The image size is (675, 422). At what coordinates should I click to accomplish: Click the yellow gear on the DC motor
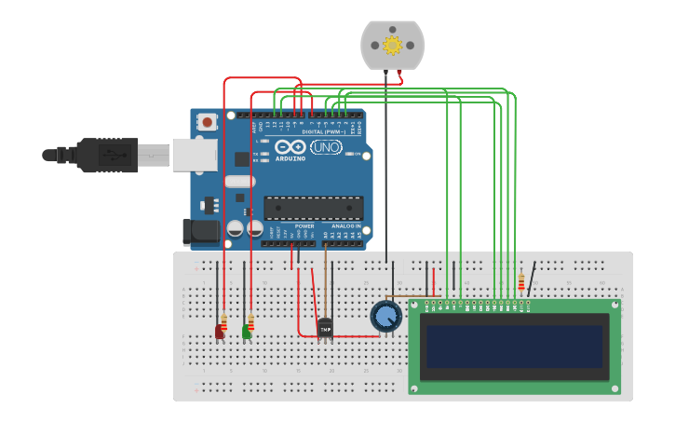(392, 45)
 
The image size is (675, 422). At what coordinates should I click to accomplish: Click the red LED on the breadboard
(220, 331)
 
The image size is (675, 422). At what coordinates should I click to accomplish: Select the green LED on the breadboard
(247, 331)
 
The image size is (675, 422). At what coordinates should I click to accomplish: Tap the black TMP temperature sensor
(325, 328)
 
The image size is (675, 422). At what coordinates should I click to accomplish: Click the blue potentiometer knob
(385, 317)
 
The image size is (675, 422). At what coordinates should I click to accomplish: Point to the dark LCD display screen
(514, 346)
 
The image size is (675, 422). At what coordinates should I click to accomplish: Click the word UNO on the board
(326, 147)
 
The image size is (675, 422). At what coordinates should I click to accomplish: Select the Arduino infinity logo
(290, 147)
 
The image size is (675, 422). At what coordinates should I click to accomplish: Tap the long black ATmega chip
(314, 208)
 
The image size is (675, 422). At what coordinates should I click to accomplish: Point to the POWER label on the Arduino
(304, 225)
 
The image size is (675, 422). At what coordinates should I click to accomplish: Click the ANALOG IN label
(344, 225)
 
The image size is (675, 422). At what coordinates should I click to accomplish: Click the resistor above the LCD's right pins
(521, 282)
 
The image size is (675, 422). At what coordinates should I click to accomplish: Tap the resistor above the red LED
(223, 318)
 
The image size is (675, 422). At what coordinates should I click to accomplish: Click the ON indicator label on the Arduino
(356, 154)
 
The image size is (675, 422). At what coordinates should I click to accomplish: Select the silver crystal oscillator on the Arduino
(239, 182)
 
